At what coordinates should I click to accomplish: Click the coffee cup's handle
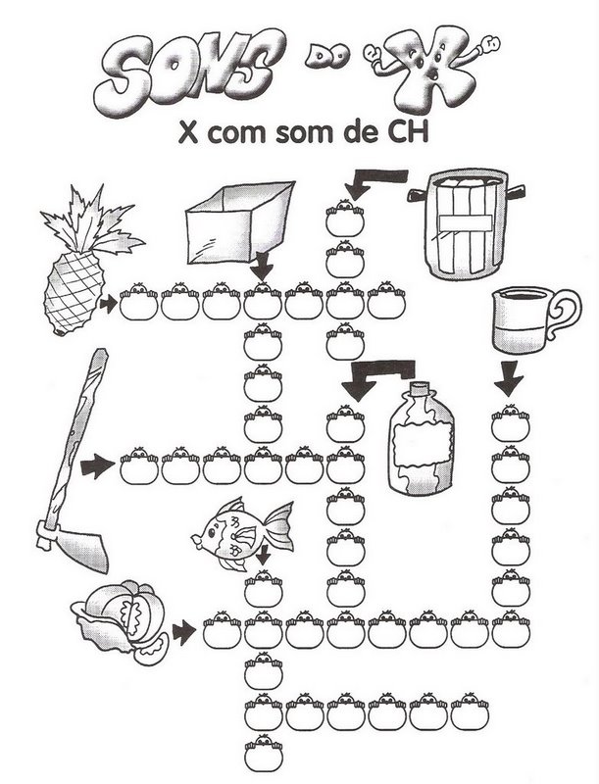click(564, 316)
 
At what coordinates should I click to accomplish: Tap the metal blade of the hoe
click(73, 547)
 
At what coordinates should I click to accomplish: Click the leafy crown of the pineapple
click(92, 220)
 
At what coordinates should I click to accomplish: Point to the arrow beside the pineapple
click(109, 305)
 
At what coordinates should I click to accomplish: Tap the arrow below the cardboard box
click(262, 266)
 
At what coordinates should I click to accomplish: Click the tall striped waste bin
click(466, 224)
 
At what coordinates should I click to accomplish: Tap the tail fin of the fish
click(278, 524)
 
